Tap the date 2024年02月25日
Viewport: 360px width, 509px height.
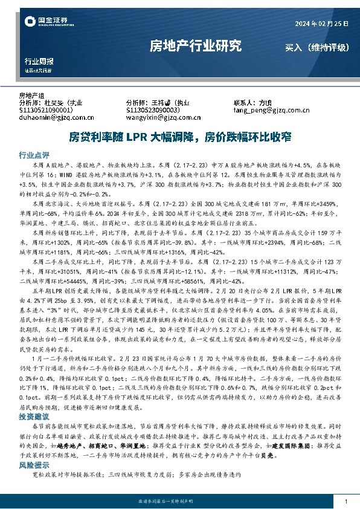pyautogui.click(x=321, y=23)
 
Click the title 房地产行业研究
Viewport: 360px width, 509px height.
pyautogui.click(x=195, y=46)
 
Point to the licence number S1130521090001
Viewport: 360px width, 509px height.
pyautogui.click(x=47, y=111)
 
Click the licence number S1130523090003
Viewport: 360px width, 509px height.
pyautogui.click(x=153, y=111)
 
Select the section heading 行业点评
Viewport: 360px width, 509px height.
pyautogui.click(x=34, y=154)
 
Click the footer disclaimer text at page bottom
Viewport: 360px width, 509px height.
pyautogui.click(x=179, y=502)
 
